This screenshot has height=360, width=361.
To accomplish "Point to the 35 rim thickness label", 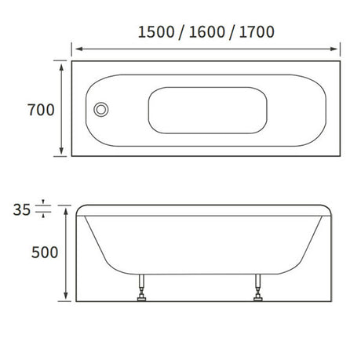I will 23,209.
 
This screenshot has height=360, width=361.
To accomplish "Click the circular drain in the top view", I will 100,110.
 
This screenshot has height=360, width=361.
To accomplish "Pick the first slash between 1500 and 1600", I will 182,32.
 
